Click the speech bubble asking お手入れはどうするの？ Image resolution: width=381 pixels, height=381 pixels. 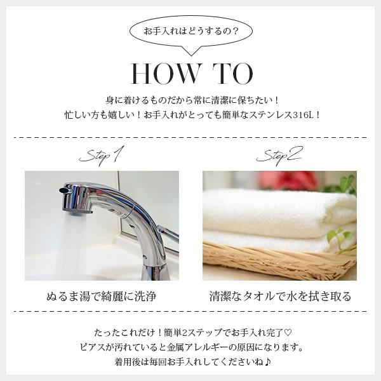191,32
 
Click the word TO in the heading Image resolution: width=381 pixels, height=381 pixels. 233,74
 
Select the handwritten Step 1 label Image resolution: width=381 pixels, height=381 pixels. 102,156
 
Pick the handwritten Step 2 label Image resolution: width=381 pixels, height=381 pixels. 279,156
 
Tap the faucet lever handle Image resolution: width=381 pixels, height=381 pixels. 168,231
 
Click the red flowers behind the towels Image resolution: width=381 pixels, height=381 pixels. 288,180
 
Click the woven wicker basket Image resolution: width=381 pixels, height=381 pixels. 279,261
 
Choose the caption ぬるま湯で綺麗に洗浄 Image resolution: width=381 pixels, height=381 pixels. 102,297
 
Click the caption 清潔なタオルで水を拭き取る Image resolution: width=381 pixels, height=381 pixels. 281,297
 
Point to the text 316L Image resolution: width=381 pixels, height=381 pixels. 303,115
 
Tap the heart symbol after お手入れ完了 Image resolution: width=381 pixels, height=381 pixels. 288,332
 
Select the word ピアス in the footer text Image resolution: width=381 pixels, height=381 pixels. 92,347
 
